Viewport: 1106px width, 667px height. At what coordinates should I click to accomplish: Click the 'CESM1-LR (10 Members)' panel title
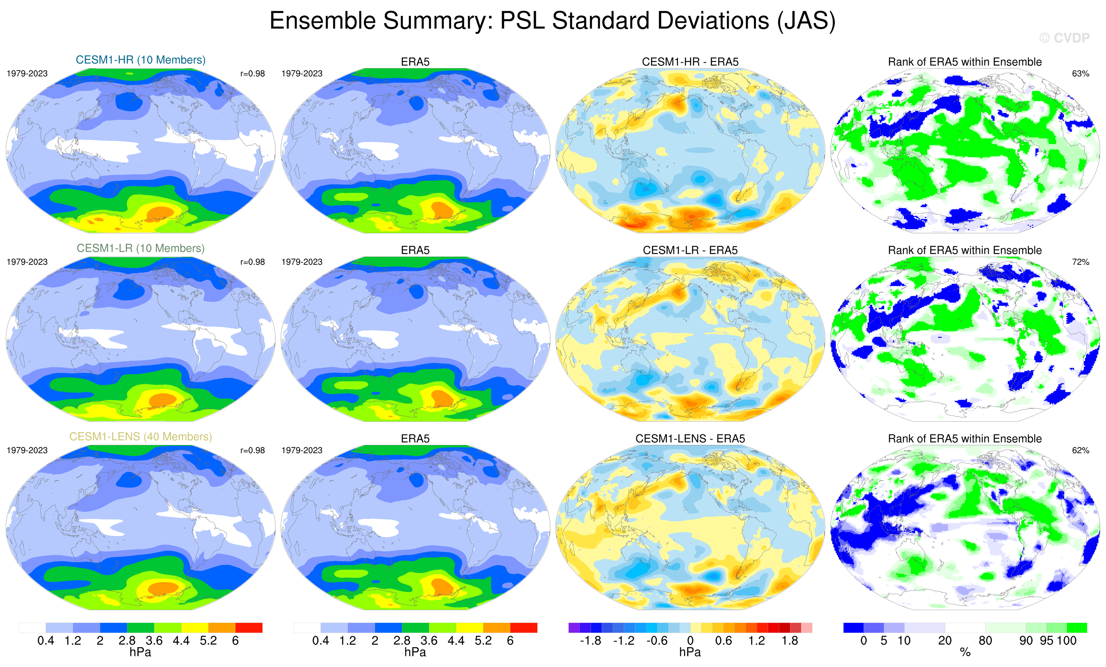pyautogui.click(x=140, y=248)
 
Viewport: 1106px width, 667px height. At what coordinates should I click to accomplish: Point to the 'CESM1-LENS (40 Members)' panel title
pyautogui.click(x=140, y=437)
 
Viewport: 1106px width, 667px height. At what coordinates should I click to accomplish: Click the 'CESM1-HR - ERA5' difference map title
pyautogui.click(x=690, y=62)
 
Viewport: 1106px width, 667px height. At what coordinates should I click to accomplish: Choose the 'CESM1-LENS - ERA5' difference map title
pyautogui.click(x=690, y=439)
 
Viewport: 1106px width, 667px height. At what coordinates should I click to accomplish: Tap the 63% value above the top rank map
pyautogui.click(x=1080, y=74)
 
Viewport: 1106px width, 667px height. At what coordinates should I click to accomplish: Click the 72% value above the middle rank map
pyautogui.click(x=1080, y=262)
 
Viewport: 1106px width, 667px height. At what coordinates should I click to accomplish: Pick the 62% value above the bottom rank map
pyautogui.click(x=1080, y=450)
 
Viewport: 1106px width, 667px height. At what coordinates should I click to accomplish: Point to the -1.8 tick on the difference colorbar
pyautogui.click(x=590, y=641)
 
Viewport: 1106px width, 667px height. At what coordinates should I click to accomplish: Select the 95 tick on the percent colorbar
pyautogui.click(x=1046, y=641)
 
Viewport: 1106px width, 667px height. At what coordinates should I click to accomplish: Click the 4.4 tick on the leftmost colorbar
pyautogui.click(x=181, y=641)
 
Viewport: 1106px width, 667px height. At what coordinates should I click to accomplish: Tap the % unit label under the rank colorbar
pyautogui.click(x=965, y=653)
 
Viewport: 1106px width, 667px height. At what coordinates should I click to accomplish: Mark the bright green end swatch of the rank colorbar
pyautogui.click(x=1076, y=628)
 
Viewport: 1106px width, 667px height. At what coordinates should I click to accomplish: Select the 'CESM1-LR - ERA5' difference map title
pyautogui.click(x=690, y=251)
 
